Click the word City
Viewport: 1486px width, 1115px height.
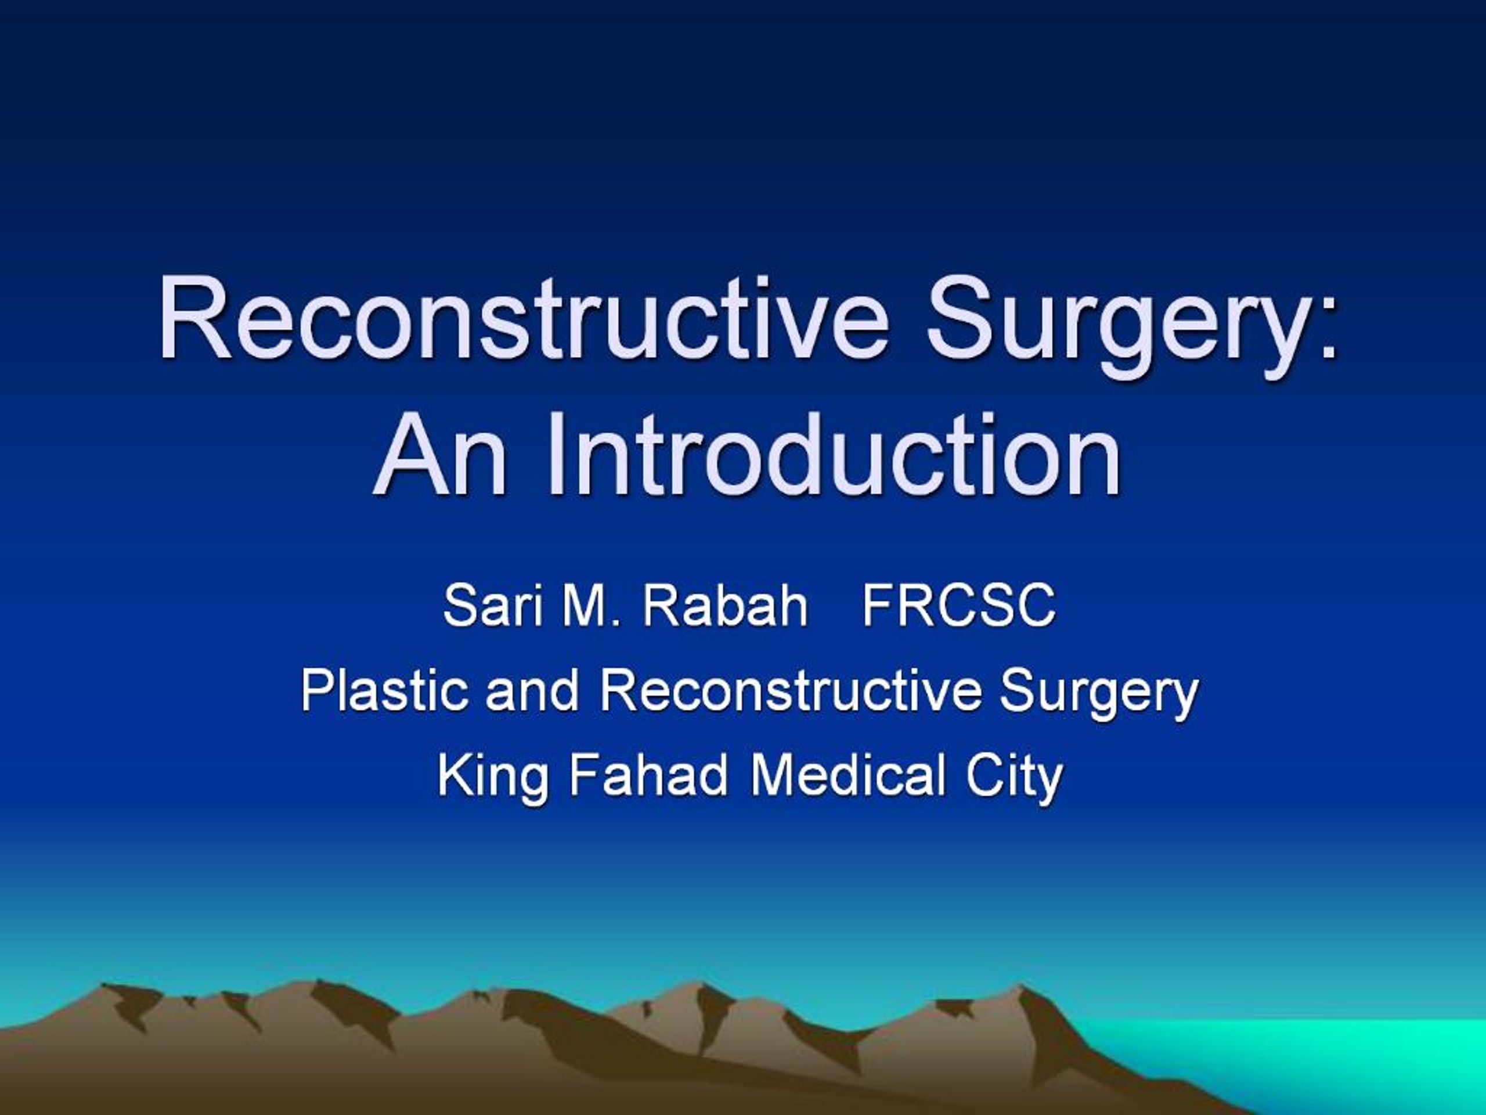point(1015,778)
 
